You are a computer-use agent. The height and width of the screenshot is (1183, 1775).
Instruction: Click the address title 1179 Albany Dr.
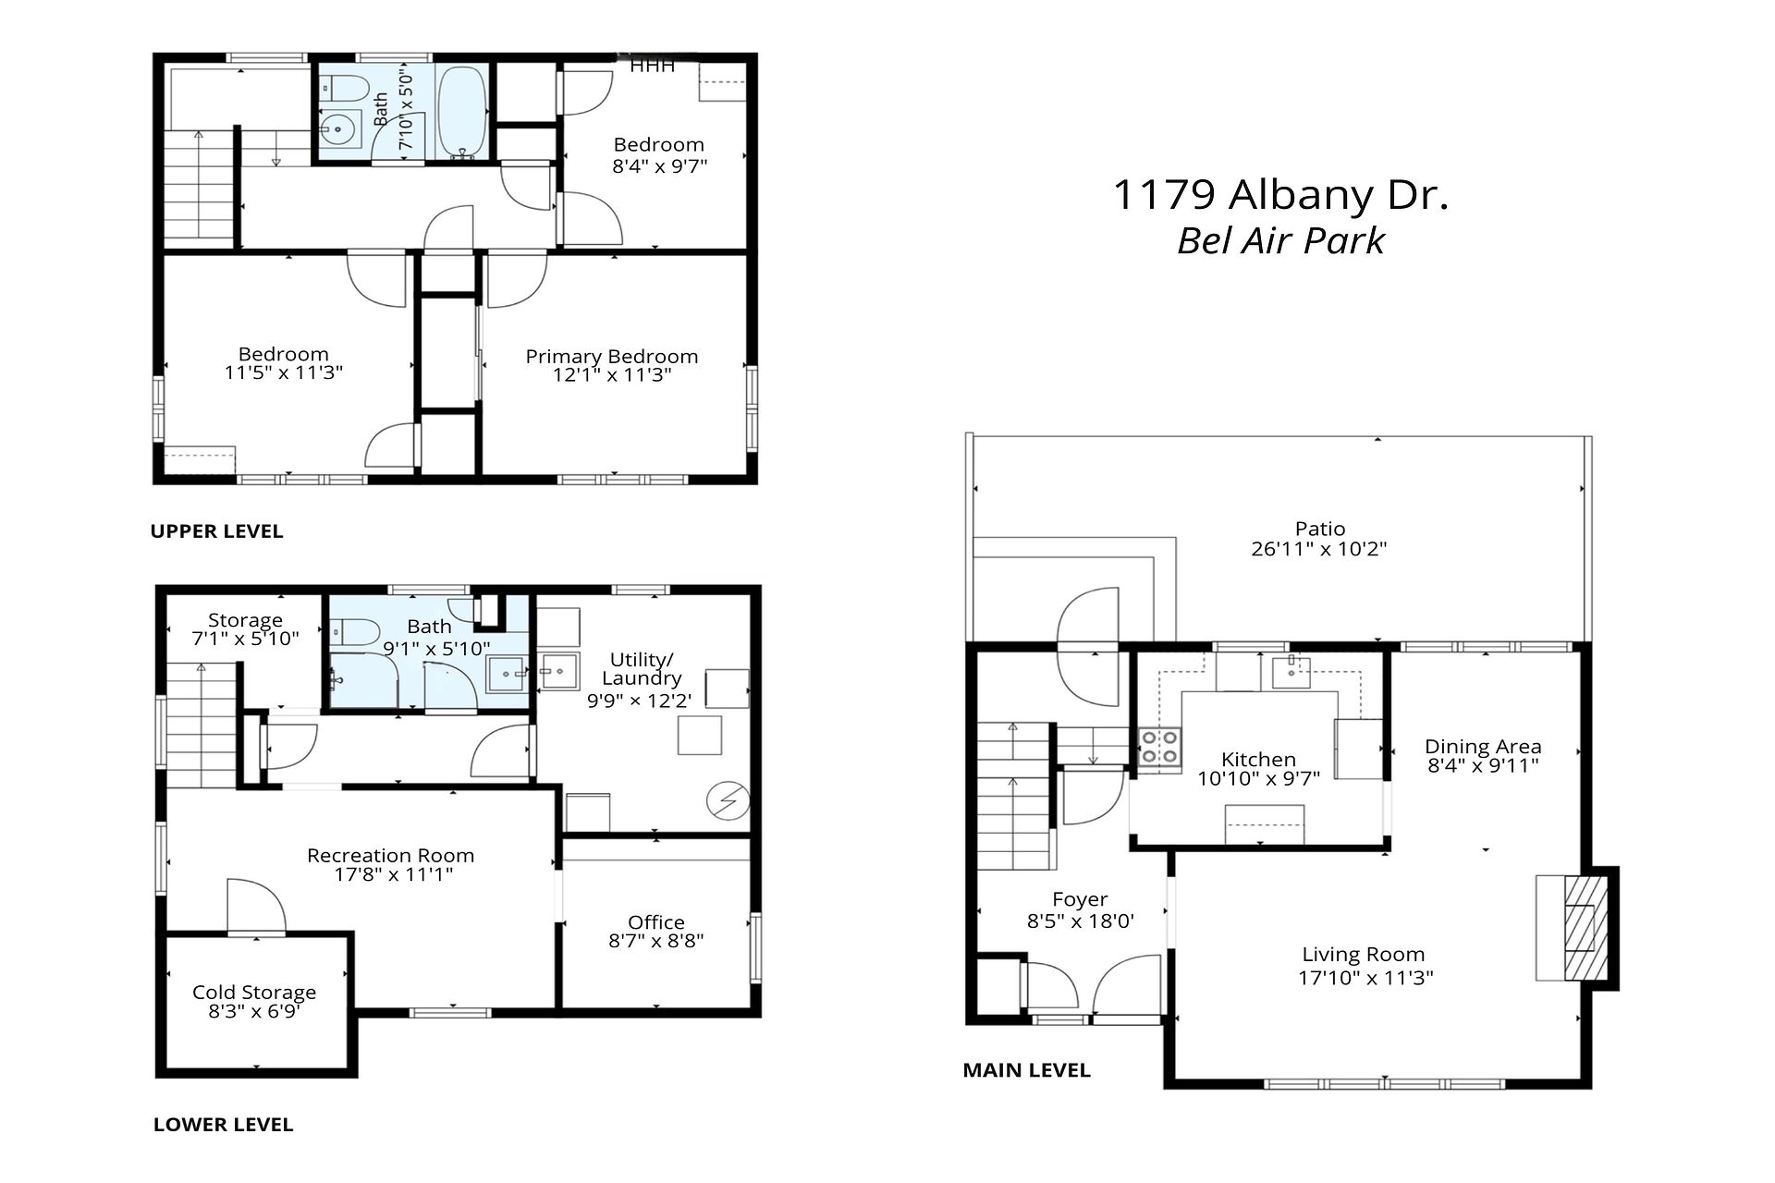click(1280, 195)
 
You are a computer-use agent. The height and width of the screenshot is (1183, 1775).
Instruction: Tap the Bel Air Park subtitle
click(1280, 241)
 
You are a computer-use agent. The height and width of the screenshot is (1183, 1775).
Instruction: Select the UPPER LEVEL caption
click(216, 531)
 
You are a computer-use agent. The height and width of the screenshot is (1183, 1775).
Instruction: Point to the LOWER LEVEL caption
click(223, 1125)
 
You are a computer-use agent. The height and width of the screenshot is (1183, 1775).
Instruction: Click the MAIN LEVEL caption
click(1026, 1070)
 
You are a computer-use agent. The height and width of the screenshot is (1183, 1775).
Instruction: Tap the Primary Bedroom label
click(612, 357)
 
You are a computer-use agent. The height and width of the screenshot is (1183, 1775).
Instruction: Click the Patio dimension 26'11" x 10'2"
click(1319, 549)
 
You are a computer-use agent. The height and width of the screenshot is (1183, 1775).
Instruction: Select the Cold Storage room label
click(254, 993)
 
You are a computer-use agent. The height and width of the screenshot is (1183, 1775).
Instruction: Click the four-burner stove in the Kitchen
click(1159, 748)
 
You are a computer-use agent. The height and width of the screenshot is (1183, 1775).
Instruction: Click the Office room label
click(656, 922)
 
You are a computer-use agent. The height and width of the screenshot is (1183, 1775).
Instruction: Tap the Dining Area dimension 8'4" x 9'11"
click(1483, 765)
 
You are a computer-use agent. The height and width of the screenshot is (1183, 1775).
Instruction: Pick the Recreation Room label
click(391, 856)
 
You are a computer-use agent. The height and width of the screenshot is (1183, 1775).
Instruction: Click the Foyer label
click(1080, 899)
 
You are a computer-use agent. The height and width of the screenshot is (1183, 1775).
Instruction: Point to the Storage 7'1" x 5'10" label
click(245, 629)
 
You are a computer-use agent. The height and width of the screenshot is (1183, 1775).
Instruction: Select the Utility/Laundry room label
click(642, 669)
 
